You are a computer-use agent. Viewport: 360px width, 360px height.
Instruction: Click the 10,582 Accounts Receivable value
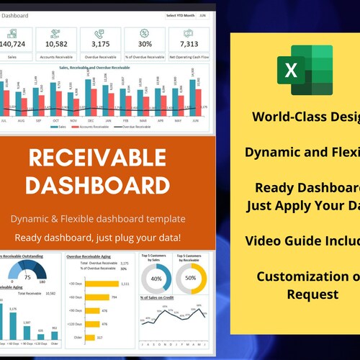[x=56, y=45]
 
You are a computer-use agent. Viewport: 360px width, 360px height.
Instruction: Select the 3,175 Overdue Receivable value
[x=100, y=45]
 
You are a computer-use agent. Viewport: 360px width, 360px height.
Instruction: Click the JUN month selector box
[x=202, y=14]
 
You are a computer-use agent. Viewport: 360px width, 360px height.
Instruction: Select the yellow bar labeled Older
[x=89, y=337]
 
